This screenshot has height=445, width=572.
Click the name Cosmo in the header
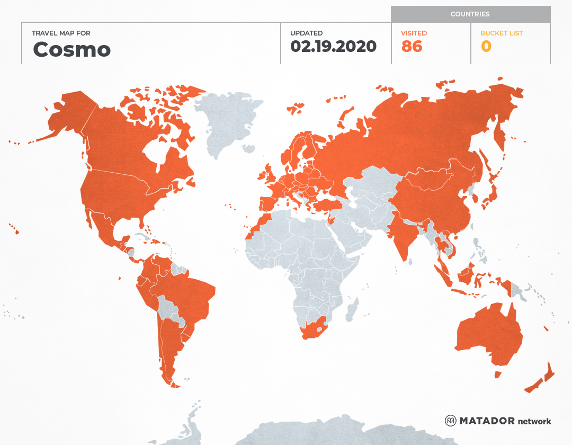[x=71, y=50]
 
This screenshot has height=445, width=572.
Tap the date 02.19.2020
[x=333, y=47]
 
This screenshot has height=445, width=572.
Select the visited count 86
[x=412, y=47]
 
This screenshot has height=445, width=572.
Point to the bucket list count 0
[x=486, y=47]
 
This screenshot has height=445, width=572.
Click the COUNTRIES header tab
[x=470, y=14]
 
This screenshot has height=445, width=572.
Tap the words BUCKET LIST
[x=501, y=33]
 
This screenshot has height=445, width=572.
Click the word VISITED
[x=414, y=33]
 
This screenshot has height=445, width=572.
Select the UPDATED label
[x=306, y=33]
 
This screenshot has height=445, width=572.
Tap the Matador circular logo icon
[x=450, y=421]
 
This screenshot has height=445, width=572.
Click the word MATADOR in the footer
[x=486, y=421]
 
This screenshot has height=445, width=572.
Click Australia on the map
[x=490, y=334]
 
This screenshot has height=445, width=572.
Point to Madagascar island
[x=352, y=310]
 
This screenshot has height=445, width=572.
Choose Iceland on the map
[x=296, y=109]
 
